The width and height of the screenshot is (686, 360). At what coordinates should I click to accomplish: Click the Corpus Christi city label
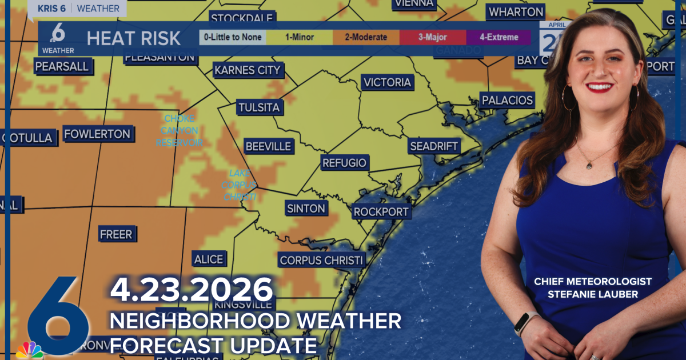pyautogui.click(x=322, y=261)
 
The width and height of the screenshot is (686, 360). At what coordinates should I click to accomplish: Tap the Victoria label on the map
pyautogui.click(x=388, y=82)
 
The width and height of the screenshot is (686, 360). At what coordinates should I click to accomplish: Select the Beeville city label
pyautogui.click(x=268, y=146)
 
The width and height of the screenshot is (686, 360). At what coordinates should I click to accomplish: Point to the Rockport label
pyautogui.click(x=381, y=212)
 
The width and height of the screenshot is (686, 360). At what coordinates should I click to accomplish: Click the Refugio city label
pyautogui.click(x=344, y=163)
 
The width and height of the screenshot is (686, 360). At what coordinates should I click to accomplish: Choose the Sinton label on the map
pyautogui.click(x=306, y=209)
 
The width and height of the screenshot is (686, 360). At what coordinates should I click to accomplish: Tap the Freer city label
pyautogui.click(x=116, y=234)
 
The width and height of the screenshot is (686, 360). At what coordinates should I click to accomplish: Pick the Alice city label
pyautogui.click(x=208, y=259)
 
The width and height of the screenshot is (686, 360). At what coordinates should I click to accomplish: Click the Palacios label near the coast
pyautogui.click(x=507, y=101)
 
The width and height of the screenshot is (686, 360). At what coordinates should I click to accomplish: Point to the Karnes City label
pyautogui.click(x=248, y=70)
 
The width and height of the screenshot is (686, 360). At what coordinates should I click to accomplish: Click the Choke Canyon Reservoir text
pyautogui.click(x=179, y=130)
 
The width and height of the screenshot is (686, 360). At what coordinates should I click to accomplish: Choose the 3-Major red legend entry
pyautogui.click(x=433, y=38)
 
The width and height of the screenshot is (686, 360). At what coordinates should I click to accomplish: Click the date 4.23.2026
pyautogui.click(x=192, y=290)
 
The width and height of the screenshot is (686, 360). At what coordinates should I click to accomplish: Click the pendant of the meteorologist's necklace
pyautogui.click(x=589, y=165)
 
